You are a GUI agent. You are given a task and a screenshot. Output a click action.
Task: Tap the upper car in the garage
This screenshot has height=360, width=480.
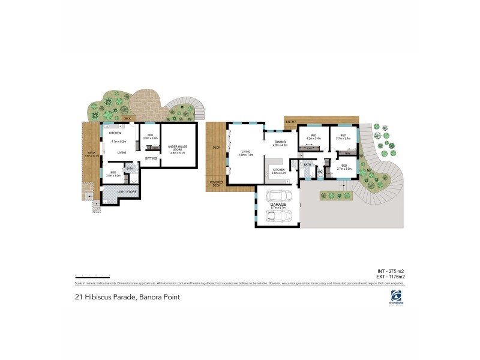277,196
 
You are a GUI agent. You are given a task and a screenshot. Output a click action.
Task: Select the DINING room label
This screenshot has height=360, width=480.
280,142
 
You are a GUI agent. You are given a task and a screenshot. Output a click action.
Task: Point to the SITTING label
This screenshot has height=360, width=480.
151,158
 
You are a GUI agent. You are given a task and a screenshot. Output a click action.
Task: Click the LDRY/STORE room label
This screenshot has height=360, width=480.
128,191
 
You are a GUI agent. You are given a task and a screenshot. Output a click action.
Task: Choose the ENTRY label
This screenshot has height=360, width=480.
291,122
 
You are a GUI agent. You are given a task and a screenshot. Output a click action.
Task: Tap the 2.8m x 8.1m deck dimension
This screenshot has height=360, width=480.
91,155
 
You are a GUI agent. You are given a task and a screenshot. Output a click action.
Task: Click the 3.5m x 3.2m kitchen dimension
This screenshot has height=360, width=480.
279,172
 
